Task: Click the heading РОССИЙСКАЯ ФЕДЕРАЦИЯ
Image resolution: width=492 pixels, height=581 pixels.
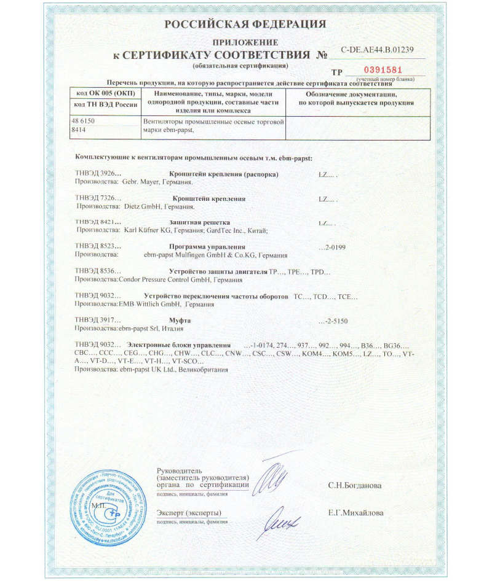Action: click(x=245, y=25)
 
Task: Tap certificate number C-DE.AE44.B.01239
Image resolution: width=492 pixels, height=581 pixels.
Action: click(x=376, y=50)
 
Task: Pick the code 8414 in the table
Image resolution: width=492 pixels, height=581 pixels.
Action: click(x=78, y=130)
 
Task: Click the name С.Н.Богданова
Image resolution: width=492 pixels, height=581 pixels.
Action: click(x=354, y=485)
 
